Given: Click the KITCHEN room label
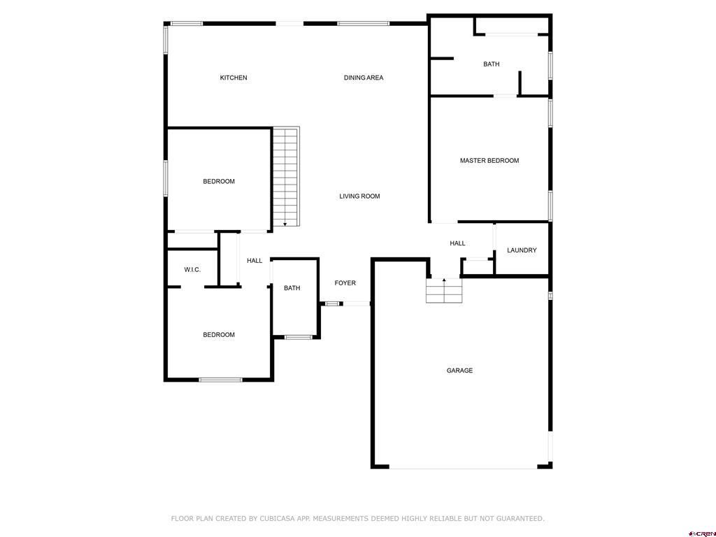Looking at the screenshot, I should [x=234, y=78].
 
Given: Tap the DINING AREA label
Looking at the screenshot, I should [x=363, y=78].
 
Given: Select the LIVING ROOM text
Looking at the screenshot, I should [x=359, y=196].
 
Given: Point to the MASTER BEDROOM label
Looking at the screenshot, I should [x=489, y=161].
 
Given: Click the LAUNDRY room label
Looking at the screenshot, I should [x=522, y=250].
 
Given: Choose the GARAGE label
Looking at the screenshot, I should [x=459, y=371].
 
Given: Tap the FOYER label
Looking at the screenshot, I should [x=345, y=283].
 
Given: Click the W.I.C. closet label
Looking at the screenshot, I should [x=192, y=270].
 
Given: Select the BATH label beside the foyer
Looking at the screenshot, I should [x=292, y=288].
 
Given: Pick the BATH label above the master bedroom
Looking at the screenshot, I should [x=491, y=64].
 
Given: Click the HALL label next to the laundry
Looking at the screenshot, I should [x=457, y=243].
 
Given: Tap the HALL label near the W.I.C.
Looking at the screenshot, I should [x=255, y=261].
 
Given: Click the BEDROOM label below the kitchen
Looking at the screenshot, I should [x=219, y=182].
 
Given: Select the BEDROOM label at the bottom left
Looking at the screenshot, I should [x=219, y=335].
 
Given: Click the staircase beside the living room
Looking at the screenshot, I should [x=285, y=176].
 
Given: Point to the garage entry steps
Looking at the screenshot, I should [x=444, y=291].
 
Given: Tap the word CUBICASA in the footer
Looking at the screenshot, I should [x=276, y=519].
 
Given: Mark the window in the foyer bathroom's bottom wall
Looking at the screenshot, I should [x=298, y=337].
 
